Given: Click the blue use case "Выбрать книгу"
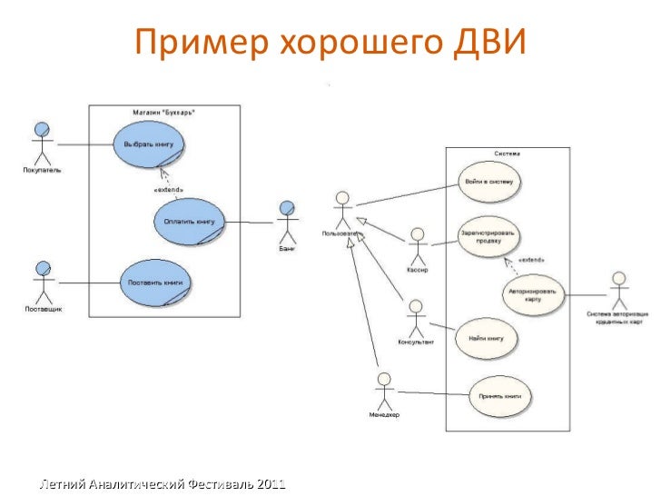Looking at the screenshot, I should coord(149,144).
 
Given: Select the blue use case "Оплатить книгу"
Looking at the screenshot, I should coord(188,221).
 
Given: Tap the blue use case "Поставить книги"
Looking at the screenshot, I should coord(155,282).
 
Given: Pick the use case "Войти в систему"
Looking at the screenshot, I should coord(488,182).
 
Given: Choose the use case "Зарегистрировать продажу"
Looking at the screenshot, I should coord(488,236).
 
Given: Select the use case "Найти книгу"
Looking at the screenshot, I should coord(486,338).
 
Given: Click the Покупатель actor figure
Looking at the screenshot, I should coord(39,141).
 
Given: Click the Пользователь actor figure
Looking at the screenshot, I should coord(341,210).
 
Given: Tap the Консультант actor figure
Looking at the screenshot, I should coord(416,318).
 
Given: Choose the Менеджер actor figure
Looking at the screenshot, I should coord(383,391).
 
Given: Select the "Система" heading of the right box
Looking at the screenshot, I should coord(507,154).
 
